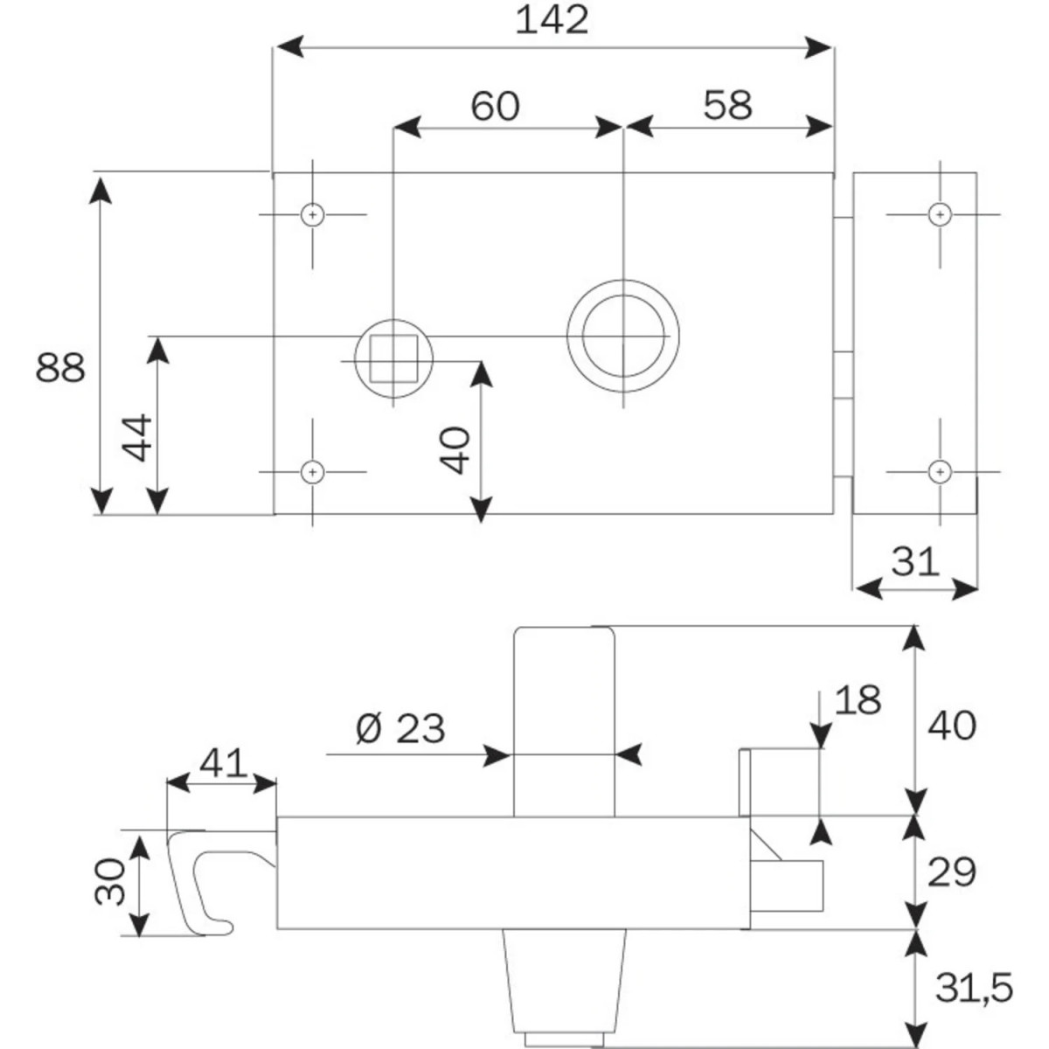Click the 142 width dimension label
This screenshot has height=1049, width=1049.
point(552,20)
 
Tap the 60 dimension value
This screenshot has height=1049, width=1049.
point(495,106)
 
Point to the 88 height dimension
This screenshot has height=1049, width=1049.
point(60,368)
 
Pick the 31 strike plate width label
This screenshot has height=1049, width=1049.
point(914,561)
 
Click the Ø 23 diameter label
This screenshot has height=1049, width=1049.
point(400,727)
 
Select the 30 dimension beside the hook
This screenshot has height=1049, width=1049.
point(111,881)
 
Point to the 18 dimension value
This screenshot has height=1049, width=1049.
point(858,700)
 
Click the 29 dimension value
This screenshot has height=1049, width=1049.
point(951,872)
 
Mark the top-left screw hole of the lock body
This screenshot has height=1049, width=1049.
point(312,214)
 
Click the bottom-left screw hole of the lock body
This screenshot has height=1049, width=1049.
point(312,472)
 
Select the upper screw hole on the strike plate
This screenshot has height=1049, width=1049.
point(940,213)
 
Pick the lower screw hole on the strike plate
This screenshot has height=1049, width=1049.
point(940,471)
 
